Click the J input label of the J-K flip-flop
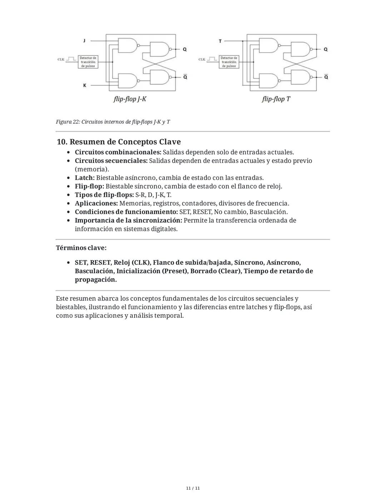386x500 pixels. [x=84, y=41]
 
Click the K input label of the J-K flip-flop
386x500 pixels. [x=84, y=86]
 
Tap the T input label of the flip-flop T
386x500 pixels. [x=220, y=41]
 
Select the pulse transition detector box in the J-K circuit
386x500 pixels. [x=88, y=62]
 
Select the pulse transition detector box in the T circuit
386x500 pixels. [x=229, y=62]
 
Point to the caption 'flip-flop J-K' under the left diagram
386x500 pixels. [x=130, y=99]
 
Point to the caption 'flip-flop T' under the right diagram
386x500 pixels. [x=276, y=99]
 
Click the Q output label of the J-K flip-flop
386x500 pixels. [x=184, y=49]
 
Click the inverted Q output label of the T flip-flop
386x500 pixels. [x=326, y=77]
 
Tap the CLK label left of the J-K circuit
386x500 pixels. [x=61, y=59]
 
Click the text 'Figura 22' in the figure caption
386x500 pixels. [x=68, y=122]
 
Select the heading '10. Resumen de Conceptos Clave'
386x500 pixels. [x=119, y=142]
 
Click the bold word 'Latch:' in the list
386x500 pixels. [x=85, y=178]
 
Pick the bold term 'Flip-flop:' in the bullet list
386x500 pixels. [x=89, y=186]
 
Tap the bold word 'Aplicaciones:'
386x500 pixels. [x=96, y=203]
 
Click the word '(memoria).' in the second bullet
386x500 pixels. [x=92, y=169]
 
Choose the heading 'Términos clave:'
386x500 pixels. [x=81, y=248]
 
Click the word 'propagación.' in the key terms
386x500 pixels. [x=96, y=280]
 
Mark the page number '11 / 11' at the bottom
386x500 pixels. [x=193, y=488]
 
